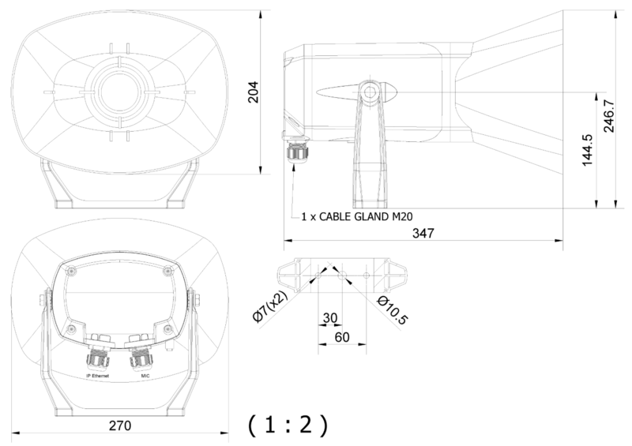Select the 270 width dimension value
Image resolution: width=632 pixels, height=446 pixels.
click(x=118, y=425)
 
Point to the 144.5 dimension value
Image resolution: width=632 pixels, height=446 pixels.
click(x=587, y=149)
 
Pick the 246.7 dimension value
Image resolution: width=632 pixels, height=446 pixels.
click(x=609, y=118)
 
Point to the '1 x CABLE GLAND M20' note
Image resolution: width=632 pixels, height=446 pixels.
click(x=358, y=215)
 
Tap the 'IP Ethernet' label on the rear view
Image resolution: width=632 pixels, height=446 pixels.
click(x=99, y=377)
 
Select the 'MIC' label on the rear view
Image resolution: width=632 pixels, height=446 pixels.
click(x=145, y=377)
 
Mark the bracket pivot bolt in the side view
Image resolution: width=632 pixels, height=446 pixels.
click(x=369, y=92)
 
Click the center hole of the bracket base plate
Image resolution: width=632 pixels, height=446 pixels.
click(x=341, y=275)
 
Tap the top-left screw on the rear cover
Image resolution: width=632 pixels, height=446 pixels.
click(x=71, y=272)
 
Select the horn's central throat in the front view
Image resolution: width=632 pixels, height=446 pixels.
click(x=120, y=88)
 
